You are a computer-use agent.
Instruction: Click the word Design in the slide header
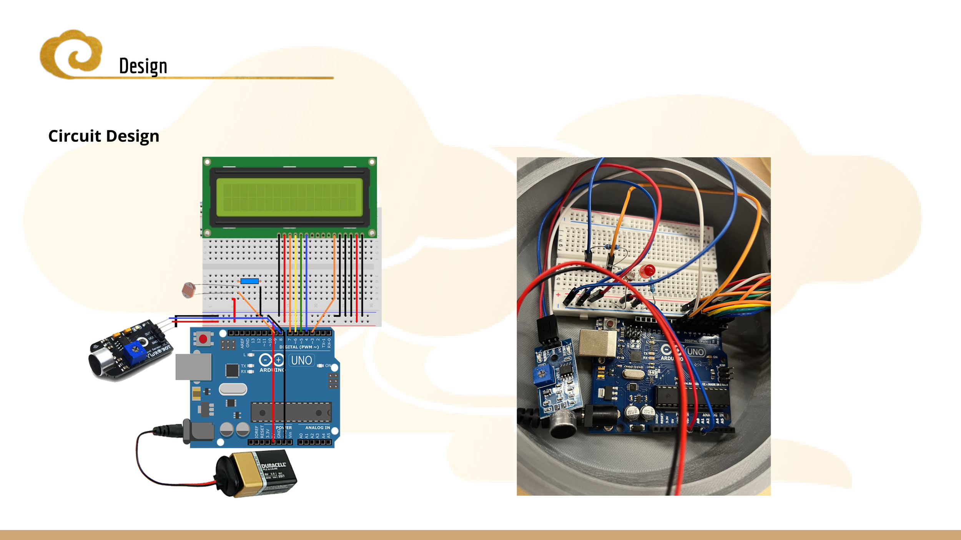tap(143, 66)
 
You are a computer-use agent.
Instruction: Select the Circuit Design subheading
tap(104, 136)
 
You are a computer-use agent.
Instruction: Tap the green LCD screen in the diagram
tap(289, 197)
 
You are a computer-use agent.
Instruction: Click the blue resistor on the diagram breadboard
tap(249, 281)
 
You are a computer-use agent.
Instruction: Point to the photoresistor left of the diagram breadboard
tap(188, 290)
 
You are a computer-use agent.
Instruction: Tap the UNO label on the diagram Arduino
tap(301, 361)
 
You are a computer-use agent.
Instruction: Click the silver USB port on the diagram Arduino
tap(193, 367)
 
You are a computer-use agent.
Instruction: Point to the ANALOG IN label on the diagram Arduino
tap(318, 427)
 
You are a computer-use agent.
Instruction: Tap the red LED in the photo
tap(647, 271)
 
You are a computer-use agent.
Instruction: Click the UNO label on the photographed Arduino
tap(695, 352)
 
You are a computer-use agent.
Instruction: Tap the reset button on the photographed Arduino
tap(610, 323)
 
